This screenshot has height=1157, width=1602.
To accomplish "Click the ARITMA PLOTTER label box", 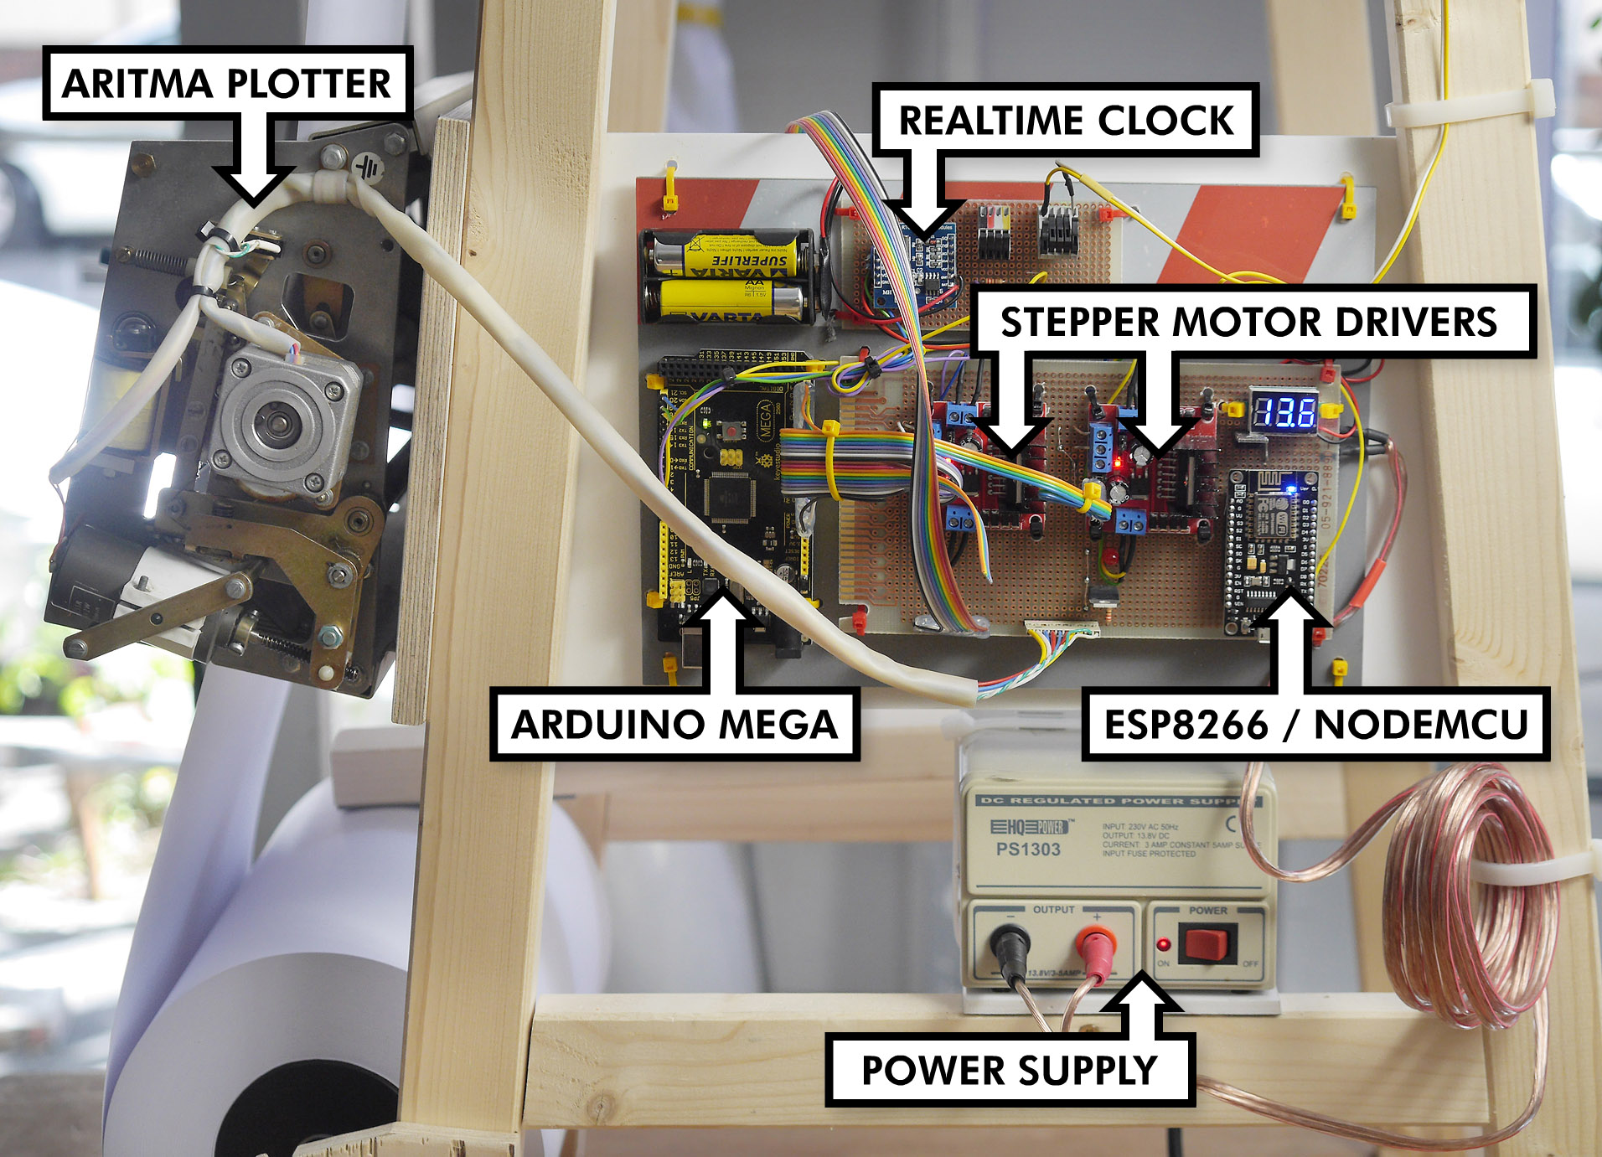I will pyautogui.click(x=226, y=83).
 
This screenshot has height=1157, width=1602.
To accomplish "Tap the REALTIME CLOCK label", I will pyautogui.click(x=1065, y=121).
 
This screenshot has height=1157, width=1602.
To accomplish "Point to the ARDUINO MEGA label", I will pyautogui.click(x=674, y=725).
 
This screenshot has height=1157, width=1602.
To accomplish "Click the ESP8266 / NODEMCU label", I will pyautogui.click(x=1315, y=725).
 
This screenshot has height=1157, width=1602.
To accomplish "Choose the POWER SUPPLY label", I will pyautogui.click(x=1009, y=1070).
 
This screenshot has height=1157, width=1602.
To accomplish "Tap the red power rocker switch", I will pyautogui.click(x=1207, y=943).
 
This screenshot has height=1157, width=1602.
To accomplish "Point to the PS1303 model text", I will pyautogui.click(x=1028, y=850).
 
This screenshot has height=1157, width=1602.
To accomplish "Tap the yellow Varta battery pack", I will pyautogui.click(x=727, y=276).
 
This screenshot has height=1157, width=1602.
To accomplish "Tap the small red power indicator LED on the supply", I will pyautogui.click(x=1163, y=944).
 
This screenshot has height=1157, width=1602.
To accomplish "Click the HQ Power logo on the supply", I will pyautogui.click(x=1029, y=828).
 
